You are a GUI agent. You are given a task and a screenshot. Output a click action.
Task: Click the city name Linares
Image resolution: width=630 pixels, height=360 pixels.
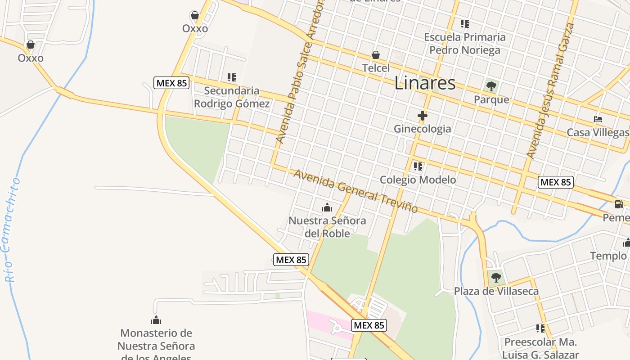425,83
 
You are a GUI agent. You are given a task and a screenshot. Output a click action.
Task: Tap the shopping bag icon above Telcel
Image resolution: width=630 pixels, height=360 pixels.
376,55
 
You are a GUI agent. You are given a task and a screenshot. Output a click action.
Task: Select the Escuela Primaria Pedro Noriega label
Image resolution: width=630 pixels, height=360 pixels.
464,43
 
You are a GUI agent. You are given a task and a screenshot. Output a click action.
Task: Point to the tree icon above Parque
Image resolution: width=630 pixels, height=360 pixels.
491,85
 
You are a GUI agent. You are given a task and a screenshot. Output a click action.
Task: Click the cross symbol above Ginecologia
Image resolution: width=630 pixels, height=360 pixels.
422,116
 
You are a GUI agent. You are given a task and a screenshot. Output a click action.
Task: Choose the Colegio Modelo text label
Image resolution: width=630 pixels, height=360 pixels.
418,180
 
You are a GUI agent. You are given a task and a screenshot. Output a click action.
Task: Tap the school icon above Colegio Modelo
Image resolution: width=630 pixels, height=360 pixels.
418,166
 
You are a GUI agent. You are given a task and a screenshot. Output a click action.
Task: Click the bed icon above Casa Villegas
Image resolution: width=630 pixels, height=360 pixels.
598,119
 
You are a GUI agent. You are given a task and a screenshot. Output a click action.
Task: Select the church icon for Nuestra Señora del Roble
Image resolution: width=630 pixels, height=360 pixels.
327,207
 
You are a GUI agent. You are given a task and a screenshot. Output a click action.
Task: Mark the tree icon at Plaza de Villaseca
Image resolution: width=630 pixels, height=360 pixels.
496,277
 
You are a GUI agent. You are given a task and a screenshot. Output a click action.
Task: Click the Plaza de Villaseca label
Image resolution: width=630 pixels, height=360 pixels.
496,291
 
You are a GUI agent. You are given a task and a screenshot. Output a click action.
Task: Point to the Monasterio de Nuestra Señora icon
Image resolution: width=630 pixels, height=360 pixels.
156,320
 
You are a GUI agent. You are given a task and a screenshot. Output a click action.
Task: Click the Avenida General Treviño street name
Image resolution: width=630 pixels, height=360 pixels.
355,191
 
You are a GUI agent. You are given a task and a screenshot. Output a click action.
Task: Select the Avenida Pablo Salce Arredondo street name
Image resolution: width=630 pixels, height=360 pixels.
300,72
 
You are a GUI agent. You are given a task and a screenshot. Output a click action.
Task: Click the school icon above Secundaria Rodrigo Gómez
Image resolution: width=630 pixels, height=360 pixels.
231,77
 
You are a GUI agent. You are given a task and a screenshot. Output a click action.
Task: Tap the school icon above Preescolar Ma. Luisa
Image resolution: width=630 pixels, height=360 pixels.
540,328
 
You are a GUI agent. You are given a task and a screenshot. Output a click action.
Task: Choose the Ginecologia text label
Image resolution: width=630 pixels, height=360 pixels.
422,129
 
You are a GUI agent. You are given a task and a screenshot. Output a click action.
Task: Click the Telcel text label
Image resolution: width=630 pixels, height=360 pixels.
376,68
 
